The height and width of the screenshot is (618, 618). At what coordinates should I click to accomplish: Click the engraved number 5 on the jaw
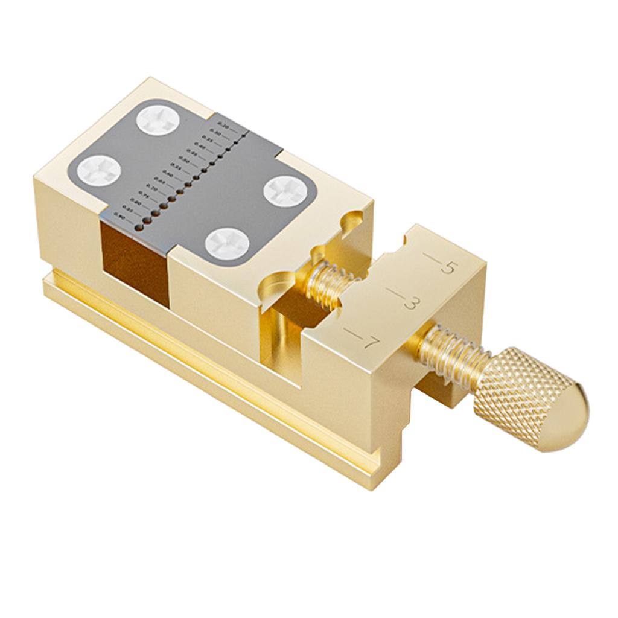[448, 267]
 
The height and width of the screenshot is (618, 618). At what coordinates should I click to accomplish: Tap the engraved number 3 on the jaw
[410, 303]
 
